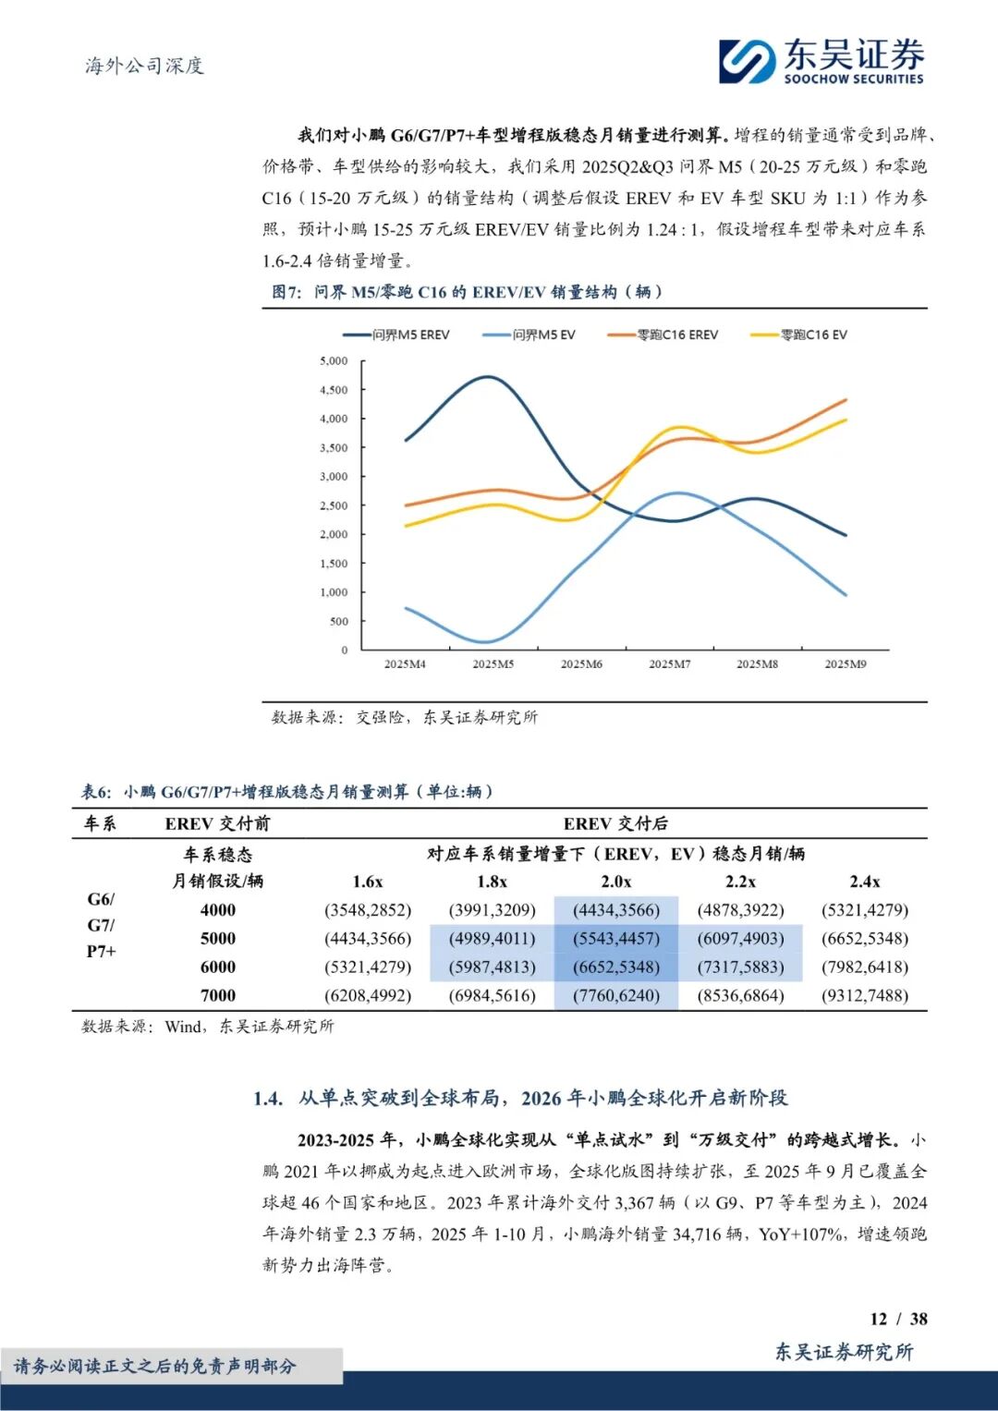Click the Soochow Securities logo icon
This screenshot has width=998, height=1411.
(x=747, y=61)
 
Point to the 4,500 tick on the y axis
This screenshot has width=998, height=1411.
(x=334, y=390)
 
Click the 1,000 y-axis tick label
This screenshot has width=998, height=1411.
(x=334, y=592)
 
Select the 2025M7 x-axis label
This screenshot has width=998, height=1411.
(x=669, y=664)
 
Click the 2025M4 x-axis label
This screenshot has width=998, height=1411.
(x=405, y=664)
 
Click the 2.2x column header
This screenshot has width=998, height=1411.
(x=740, y=882)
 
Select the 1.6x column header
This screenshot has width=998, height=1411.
(x=368, y=882)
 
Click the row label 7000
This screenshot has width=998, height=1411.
(x=218, y=995)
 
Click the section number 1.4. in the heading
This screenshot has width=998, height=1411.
(x=268, y=1098)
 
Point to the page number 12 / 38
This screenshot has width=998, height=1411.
(x=898, y=1319)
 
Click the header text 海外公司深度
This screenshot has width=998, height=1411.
(x=144, y=66)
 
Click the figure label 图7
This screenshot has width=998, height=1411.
(x=286, y=292)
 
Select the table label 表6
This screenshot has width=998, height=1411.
(x=96, y=792)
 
